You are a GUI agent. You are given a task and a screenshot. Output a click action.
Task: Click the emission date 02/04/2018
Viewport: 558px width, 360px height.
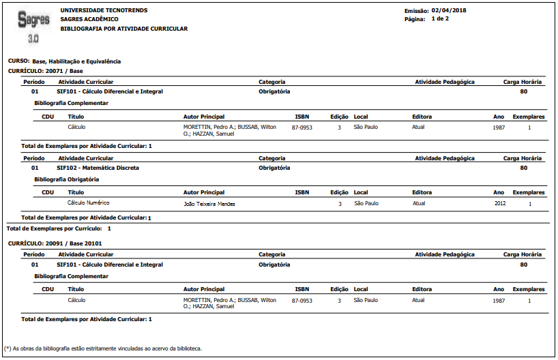coord(449,10)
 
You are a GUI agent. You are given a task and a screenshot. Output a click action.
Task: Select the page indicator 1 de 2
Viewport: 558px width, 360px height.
coord(440,18)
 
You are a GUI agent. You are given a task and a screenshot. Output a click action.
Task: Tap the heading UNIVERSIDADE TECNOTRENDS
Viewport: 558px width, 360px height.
coord(104,10)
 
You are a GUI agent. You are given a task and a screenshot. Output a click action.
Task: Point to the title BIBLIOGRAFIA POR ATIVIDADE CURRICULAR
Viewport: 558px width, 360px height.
coord(124,29)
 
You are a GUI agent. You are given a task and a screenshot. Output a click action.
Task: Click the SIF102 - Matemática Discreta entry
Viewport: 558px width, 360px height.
coord(98,167)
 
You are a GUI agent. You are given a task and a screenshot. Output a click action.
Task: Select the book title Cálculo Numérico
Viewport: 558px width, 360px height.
coord(89,202)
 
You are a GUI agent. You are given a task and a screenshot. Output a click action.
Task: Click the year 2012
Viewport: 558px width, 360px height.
coord(501,202)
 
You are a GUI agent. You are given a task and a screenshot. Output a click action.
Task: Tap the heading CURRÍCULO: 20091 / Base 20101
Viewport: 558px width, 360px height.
coord(55,243)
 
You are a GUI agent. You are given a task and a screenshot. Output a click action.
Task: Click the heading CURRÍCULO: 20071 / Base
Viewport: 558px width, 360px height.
coord(45,70)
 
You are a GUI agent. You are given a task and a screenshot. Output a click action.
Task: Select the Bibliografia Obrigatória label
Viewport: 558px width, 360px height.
coord(67,179)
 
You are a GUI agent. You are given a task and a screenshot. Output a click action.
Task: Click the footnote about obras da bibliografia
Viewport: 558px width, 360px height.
coord(103,348)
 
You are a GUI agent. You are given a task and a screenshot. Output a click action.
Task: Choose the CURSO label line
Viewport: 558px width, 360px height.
coord(64,61)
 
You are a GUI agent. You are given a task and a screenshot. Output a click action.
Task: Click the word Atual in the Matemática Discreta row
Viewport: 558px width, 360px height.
coord(419,202)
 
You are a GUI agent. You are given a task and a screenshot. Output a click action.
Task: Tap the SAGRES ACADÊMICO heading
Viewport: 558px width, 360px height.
coord(89,19)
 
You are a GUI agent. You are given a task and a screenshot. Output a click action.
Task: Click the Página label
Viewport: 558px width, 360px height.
coord(415,19)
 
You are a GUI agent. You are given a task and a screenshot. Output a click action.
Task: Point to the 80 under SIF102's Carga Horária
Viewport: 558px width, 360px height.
coord(523,167)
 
